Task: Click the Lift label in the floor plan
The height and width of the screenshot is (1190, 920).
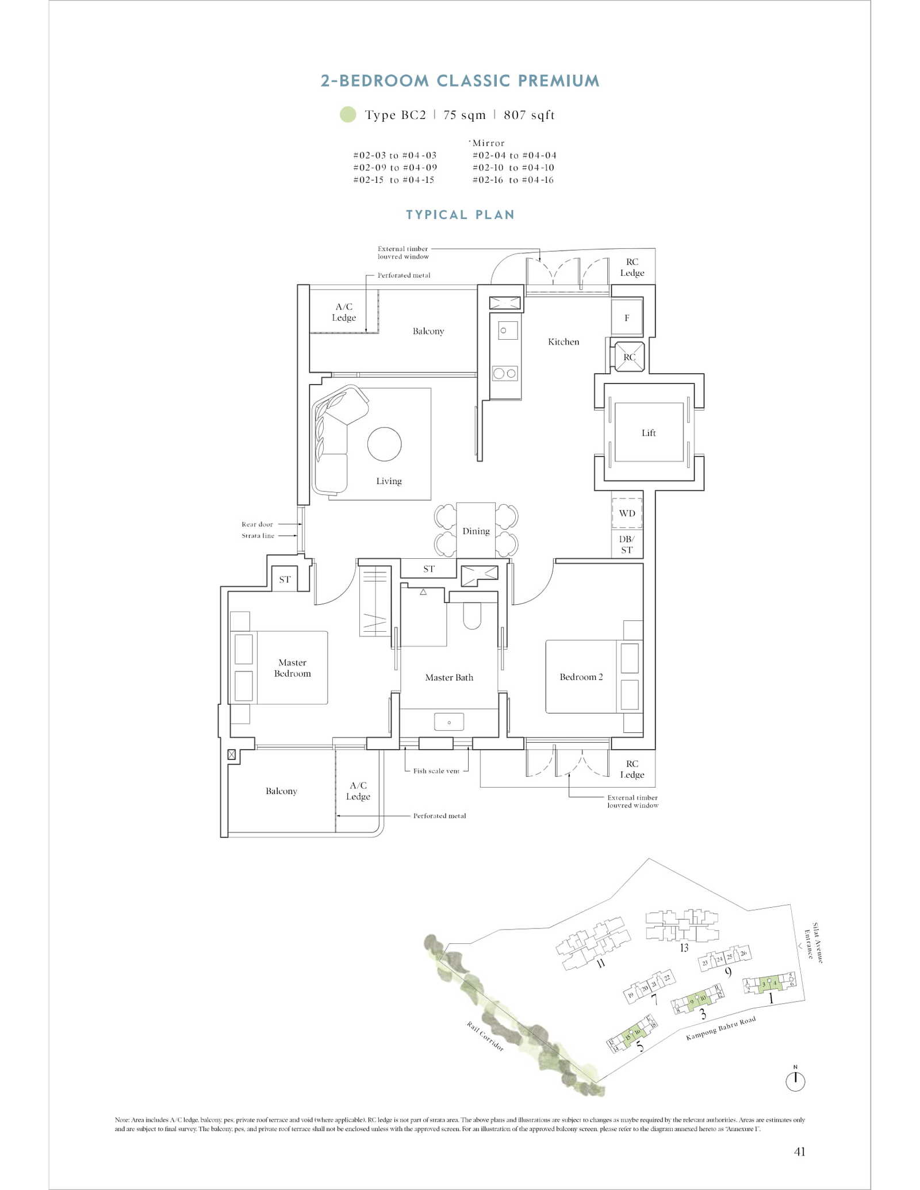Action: (648, 433)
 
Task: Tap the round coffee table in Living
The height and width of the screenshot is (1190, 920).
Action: (384, 444)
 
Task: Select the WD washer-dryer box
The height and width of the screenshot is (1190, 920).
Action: (627, 513)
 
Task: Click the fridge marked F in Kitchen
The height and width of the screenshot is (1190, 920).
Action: (627, 317)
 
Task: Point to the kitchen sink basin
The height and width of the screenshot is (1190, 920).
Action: (507, 331)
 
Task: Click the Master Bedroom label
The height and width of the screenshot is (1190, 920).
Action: (292, 668)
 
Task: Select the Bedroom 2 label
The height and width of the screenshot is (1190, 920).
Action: (581, 677)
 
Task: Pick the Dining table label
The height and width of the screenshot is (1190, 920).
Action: (476, 531)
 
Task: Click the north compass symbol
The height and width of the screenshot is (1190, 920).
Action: (795, 1081)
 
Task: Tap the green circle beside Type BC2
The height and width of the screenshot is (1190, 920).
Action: (348, 114)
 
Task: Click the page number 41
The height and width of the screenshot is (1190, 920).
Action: (799, 1151)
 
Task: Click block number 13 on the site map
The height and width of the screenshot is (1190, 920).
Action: (684, 948)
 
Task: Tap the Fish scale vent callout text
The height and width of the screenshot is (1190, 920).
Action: (436, 771)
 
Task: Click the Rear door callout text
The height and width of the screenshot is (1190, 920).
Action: (257, 524)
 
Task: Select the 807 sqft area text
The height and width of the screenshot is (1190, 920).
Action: (529, 115)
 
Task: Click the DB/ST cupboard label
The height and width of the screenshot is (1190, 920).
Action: (627, 544)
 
